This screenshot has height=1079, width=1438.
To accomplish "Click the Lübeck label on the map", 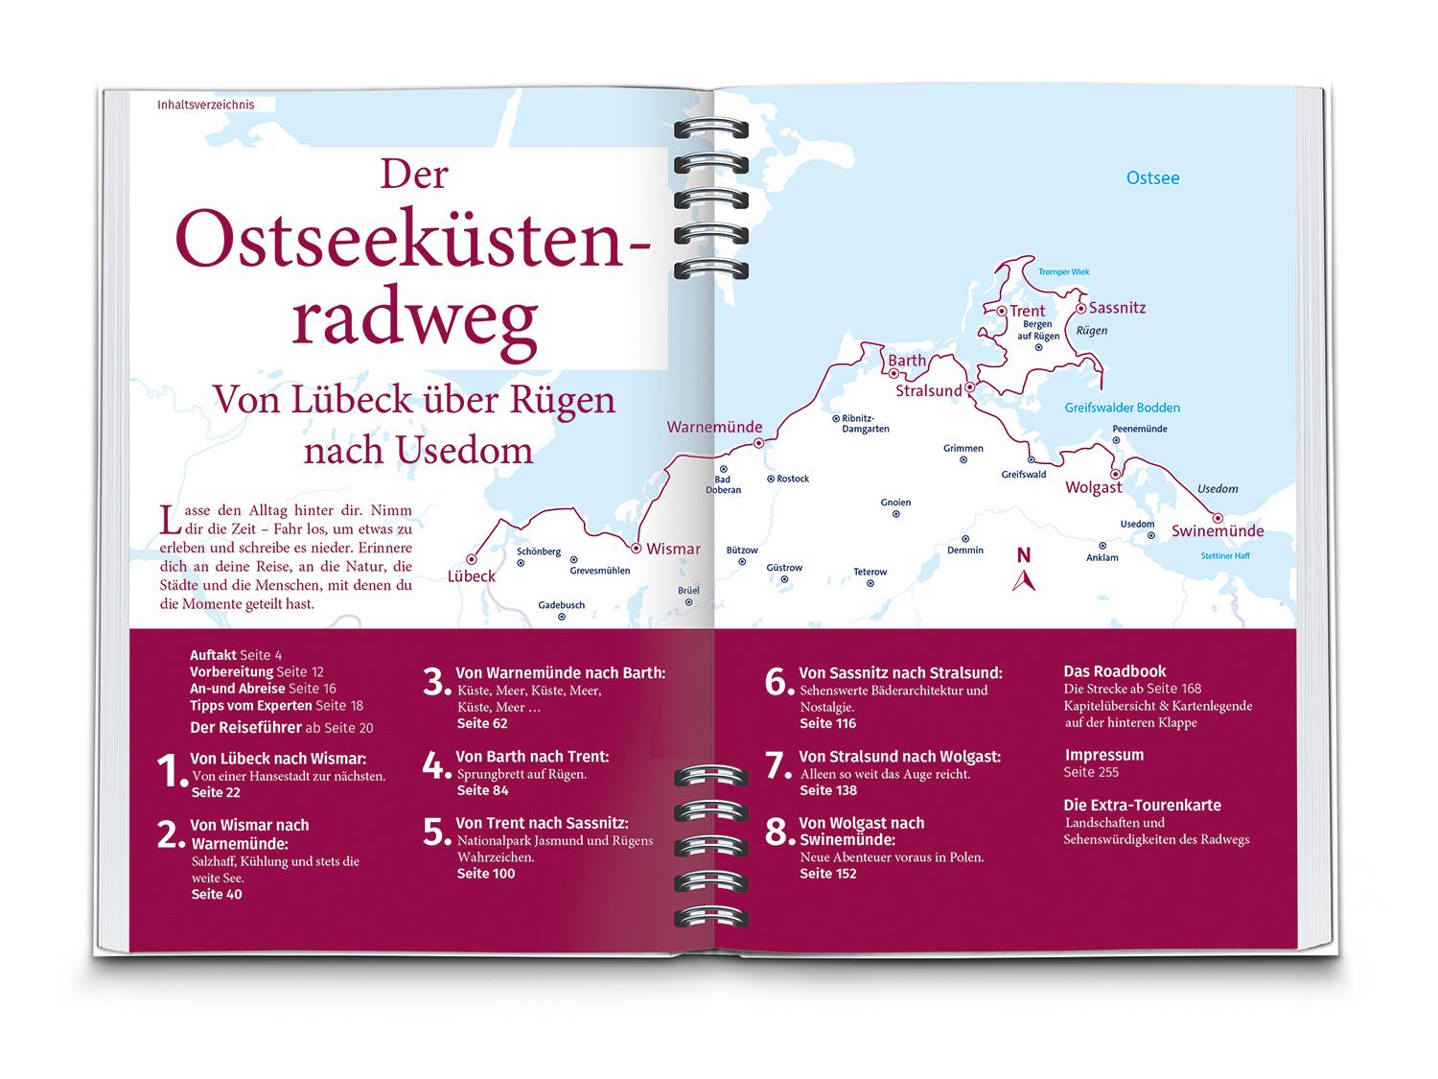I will pos(472,576).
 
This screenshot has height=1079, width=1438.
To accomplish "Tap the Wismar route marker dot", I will pos(636,549).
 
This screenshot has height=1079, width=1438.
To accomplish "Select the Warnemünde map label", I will pos(714,427).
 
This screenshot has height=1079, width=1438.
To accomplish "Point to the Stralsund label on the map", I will pos(928,391).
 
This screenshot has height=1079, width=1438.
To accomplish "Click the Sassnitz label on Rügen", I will pos(1118,308).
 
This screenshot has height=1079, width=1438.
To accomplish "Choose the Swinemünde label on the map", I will pos(1217,531).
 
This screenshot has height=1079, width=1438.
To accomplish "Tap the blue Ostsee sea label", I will pos(1152,178).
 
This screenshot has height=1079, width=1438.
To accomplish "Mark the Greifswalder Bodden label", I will pos(1123,408).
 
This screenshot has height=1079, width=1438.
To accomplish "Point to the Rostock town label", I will pos(793,479).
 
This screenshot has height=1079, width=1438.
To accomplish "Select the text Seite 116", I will pos(827,723).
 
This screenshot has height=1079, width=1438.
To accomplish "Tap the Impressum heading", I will pos(1103,755).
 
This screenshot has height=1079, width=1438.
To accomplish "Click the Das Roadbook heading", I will pos(1115,671).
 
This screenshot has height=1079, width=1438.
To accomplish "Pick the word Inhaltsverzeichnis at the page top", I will pos(206,105).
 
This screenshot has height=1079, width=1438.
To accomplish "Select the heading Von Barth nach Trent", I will pos(532,757).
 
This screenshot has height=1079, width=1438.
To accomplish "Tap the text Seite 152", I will pos(827,874).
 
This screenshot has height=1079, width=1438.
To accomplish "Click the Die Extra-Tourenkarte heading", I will pos(1142,806).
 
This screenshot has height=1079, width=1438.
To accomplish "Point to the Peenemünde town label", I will pos(1139,429).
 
